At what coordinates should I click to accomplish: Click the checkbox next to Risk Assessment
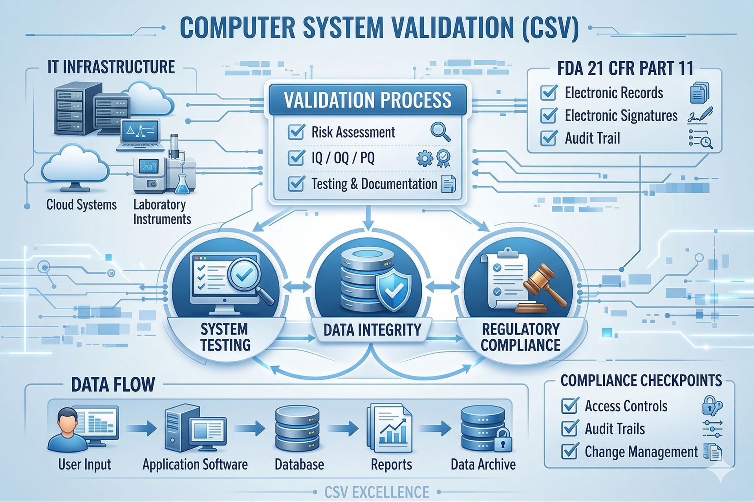[x=296, y=132]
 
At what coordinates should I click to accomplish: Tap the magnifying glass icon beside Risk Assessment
[x=440, y=131]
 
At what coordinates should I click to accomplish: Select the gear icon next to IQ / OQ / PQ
[x=425, y=159]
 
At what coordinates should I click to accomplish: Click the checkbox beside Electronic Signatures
[x=549, y=115]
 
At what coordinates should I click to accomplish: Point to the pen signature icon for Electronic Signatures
[x=701, y=115]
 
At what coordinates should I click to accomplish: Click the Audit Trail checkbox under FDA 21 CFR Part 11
[x=549, y=138]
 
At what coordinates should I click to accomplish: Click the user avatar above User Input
[x=67, y=429]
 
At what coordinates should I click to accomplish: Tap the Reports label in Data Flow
[x=392, y=465]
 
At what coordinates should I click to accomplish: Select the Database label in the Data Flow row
[x=299, y=465]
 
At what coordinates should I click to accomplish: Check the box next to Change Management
[x=570, y=451]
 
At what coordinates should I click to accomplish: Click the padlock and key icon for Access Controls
[x=712, y=406]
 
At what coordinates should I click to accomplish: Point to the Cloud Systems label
[x=81, y=204]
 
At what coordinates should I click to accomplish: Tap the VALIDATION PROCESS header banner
[x=368, y=100]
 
